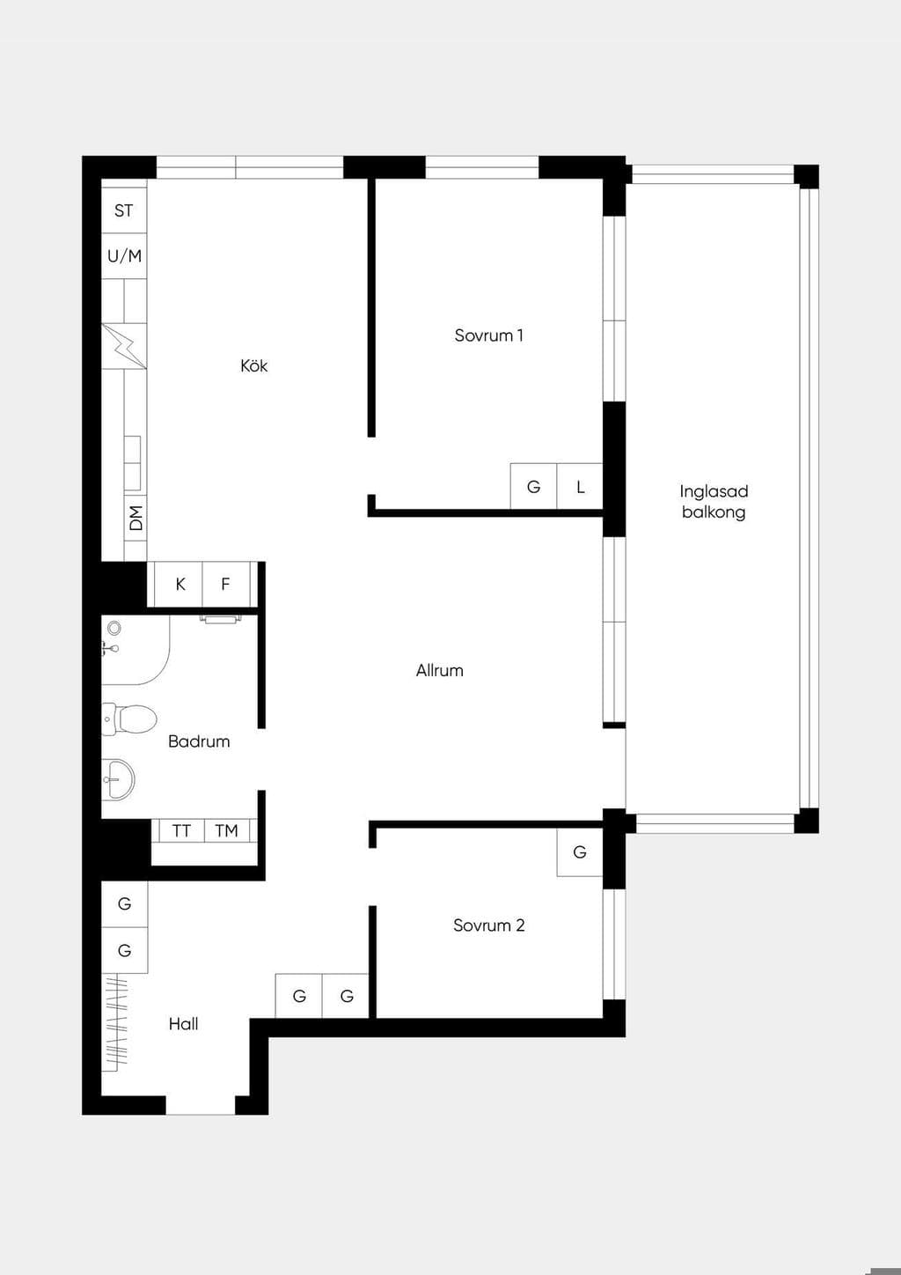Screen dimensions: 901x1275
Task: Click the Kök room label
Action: [253, 365]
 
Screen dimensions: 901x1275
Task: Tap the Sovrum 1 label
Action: [488, 335]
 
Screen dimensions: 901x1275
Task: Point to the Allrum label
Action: [439, 670]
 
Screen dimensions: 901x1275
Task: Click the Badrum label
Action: [199, 741]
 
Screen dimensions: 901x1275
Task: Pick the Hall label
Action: [183, 1024]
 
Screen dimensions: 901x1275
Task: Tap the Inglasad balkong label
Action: [714, 502]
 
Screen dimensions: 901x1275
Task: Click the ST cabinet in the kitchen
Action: [124, 210]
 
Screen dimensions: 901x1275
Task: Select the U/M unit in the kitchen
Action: [124, 256]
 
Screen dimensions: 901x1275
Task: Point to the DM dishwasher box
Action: [136, 518]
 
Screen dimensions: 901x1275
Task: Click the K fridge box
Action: [179, 584]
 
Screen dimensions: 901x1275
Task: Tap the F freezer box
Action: [226, 584]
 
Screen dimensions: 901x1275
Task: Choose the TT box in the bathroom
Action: [181, 831]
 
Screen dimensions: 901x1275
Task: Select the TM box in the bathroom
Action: [226, 831]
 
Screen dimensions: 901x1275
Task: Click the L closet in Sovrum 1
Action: [580, 486]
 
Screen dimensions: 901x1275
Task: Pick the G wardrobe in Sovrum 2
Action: [580, 852]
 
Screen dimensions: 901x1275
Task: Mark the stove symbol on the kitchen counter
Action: [124, 346]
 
